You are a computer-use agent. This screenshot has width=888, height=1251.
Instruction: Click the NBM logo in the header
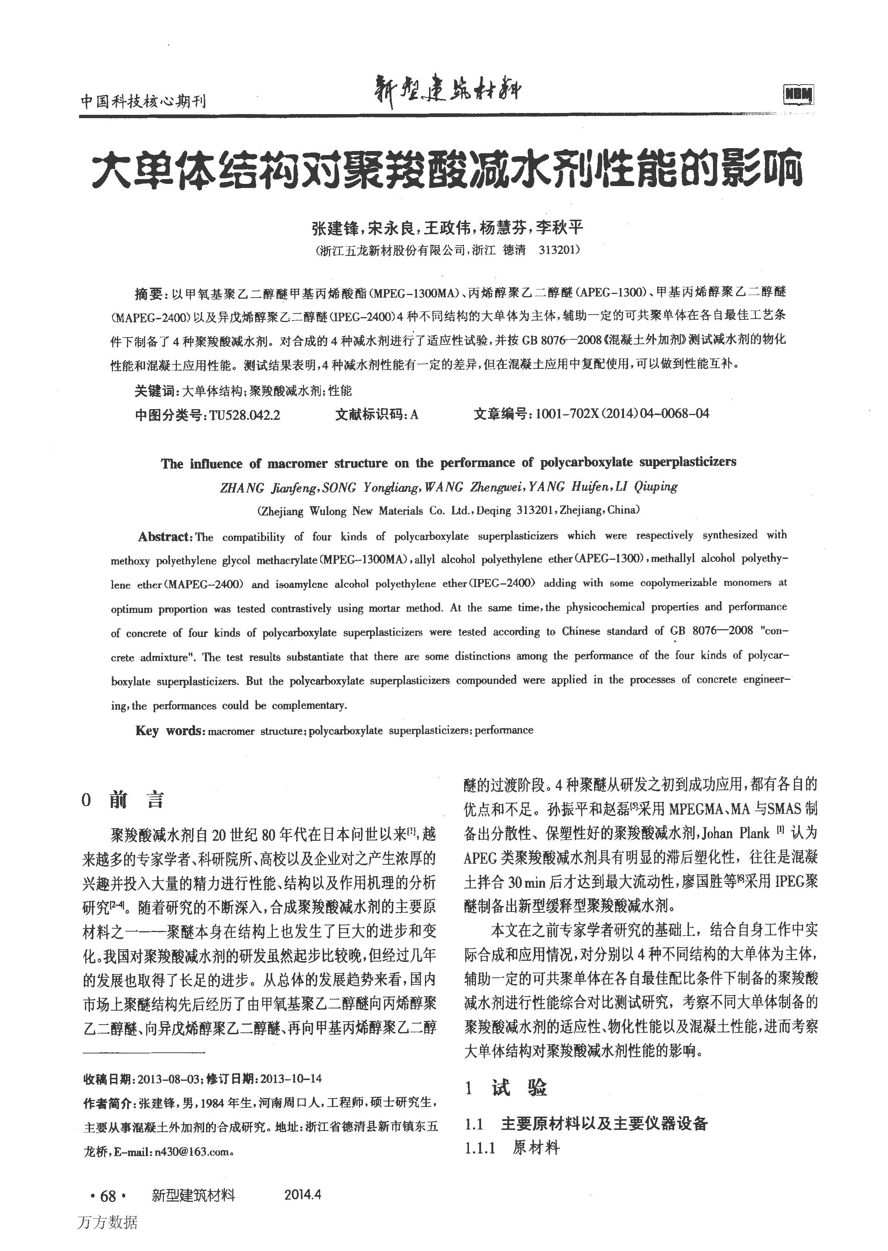798,95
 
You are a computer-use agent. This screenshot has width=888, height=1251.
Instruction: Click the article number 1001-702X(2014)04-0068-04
622,413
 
